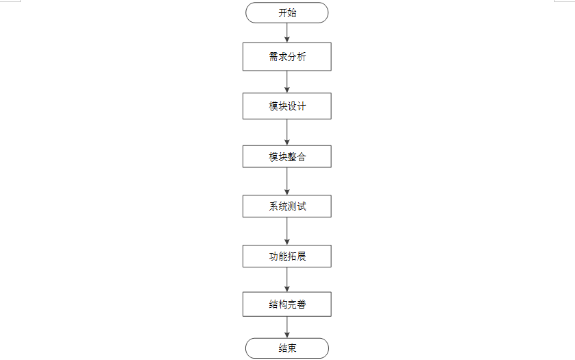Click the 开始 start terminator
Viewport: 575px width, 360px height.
(286, 12)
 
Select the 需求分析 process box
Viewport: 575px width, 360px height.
(286, 57)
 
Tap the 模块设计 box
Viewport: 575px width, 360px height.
(286, 106)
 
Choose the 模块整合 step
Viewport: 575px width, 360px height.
(286, 156)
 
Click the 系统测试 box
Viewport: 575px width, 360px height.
(286, 206)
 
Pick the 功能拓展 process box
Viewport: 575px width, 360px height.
(286, 256)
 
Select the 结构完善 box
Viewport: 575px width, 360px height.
(286, 304)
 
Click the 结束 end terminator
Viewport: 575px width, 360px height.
(286, 348)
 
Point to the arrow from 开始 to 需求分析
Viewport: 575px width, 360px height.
(287, 32)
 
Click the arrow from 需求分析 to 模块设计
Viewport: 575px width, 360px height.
(287, 82)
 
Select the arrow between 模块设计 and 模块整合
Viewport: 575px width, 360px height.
(287, 132)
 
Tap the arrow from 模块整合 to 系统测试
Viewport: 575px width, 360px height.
(287, 181)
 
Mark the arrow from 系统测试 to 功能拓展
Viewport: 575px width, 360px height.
(287, 231)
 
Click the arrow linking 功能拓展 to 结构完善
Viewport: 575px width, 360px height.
(287, 280)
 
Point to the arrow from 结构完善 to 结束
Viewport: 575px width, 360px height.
(287, 327)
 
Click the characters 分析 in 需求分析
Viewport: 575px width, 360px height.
(297, 57)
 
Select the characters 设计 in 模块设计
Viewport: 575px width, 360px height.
(297, 106)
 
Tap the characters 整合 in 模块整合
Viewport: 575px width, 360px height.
(297, 156)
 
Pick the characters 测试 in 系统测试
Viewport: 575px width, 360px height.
(297, 206)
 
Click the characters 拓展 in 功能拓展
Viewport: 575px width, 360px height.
(297, 256)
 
